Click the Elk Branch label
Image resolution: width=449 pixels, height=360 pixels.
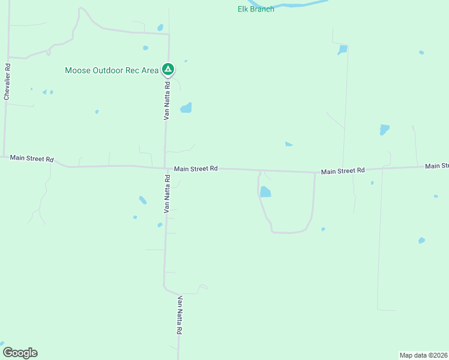(x=256, y=9)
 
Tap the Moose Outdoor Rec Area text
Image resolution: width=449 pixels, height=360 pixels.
(x=112, y=70)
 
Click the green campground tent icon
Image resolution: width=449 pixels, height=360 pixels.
(x=169, y=70)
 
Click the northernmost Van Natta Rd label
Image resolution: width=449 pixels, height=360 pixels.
(x=167, y=101)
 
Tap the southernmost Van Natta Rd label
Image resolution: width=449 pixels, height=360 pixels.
(x=179, y=315)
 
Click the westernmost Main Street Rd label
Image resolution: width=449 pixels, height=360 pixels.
(x=32, y=159)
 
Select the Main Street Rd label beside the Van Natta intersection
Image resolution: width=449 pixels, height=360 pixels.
(x=196, y=169)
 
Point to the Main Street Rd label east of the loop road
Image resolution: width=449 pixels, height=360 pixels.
(x=343, y=171)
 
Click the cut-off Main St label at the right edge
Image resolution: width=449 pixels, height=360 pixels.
(x=436, y=166)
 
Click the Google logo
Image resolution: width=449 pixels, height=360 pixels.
(x=20, y=353)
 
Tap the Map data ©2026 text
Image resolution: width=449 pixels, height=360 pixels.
(x=423, y=355)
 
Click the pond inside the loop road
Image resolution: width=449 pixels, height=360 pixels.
(x=265, y=192)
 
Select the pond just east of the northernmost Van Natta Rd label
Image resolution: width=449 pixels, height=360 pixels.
(x=186, y=108)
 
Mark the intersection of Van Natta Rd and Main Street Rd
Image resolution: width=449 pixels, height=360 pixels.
(x=166, y=167)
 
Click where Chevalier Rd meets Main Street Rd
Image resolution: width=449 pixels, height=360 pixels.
(x=4, y=156)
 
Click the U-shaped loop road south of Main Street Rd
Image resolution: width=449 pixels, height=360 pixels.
(x=288, y=232)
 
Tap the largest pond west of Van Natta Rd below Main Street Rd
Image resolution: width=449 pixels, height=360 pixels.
(x=143, y=200)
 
